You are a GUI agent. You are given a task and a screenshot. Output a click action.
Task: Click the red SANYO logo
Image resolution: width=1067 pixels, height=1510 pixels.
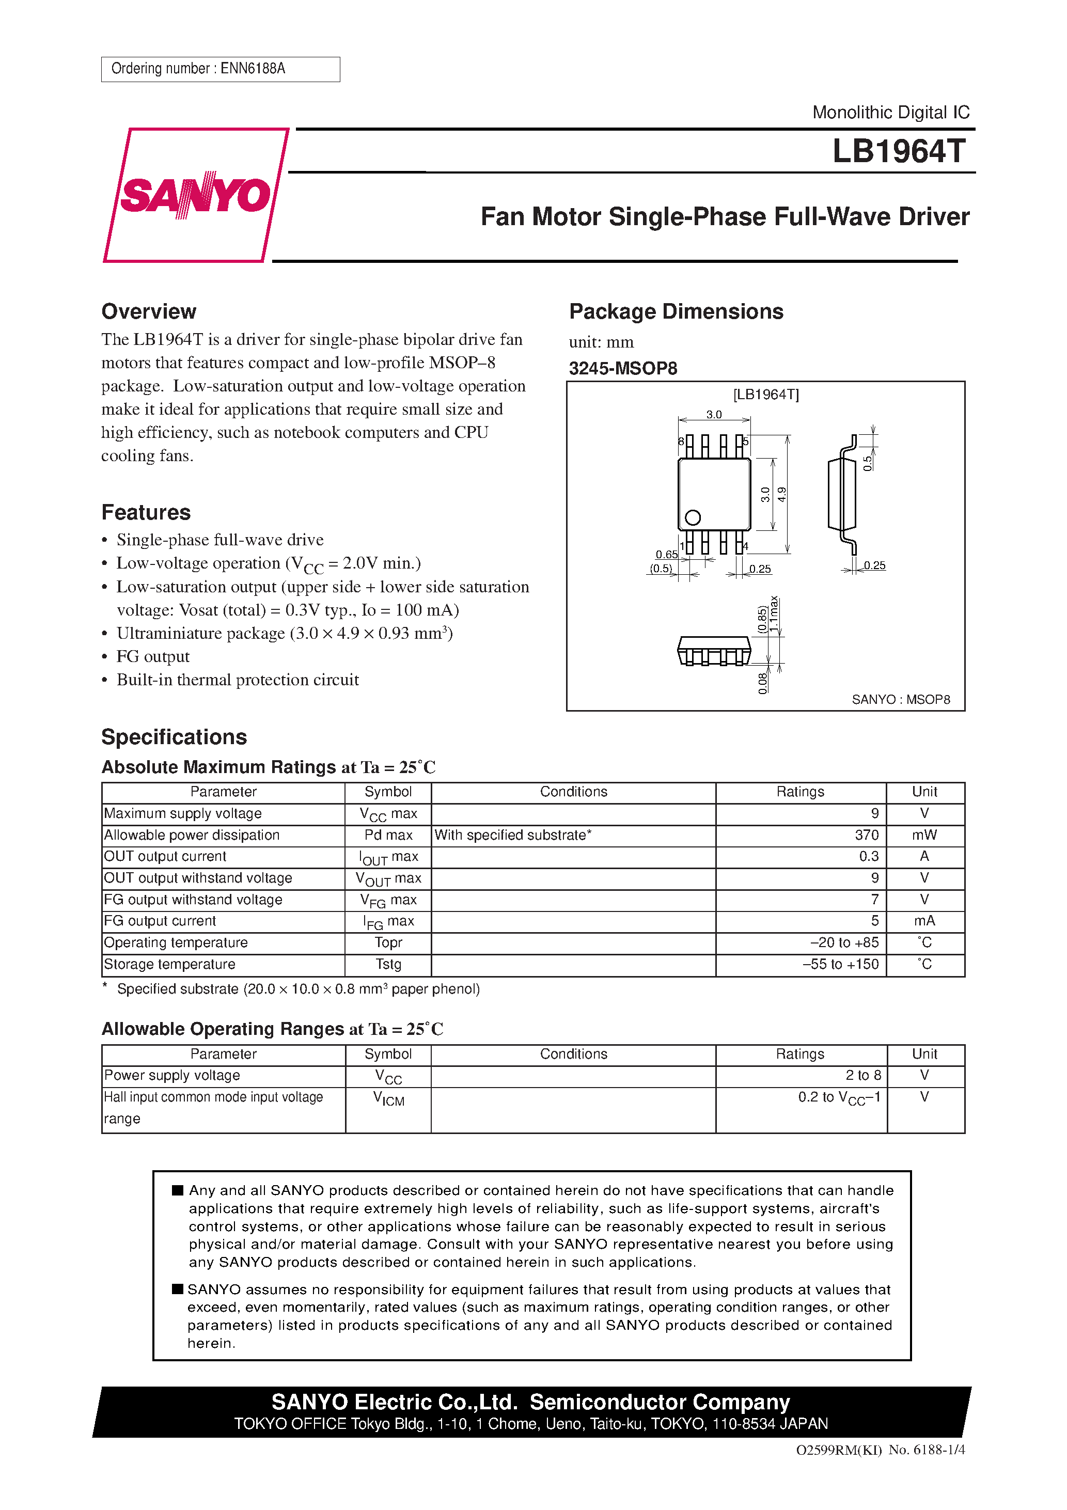tap(195, 195)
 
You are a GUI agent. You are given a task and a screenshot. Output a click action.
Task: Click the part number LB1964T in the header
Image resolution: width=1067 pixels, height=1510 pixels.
tap(899, 151)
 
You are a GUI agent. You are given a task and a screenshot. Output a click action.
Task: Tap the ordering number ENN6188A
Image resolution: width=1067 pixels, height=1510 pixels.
tap(253, 68)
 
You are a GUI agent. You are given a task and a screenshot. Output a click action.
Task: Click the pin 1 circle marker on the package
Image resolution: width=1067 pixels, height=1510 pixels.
tap(693, 517)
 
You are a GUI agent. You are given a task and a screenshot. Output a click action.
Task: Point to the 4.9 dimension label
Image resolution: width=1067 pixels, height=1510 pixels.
tap(782, 495)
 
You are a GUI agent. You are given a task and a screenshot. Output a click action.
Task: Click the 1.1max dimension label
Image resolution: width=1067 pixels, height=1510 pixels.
tap(774, 614)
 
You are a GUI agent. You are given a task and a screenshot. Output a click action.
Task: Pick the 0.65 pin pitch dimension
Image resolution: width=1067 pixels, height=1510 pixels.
tap(666, 555)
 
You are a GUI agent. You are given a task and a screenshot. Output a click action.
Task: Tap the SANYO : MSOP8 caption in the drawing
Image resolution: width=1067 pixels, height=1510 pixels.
tap(901, 700)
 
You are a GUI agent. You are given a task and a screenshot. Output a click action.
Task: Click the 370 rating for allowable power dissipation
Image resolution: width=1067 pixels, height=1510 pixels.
tap(867, 835)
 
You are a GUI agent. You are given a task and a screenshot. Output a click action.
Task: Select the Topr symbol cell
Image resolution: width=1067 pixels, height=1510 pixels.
tap(388, 942)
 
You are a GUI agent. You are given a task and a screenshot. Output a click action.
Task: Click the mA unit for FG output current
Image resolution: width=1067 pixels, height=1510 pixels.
tap(924, 921)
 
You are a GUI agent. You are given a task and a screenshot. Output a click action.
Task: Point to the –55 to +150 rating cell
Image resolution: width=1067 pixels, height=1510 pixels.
tap(841, 964)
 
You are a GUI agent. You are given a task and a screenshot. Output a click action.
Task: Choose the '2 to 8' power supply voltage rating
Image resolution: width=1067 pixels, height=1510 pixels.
tap(863, 1075)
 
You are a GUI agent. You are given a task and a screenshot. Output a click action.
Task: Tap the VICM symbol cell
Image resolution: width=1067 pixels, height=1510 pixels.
tap(388, 1098)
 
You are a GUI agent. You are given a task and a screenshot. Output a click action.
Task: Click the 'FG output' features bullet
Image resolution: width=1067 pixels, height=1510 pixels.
tap(153, 656)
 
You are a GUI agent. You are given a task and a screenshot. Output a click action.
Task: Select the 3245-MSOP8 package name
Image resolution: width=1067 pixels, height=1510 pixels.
tap(623, 368)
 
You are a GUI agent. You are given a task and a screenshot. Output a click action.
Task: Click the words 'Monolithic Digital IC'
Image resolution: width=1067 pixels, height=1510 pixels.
tap(891, 113)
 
